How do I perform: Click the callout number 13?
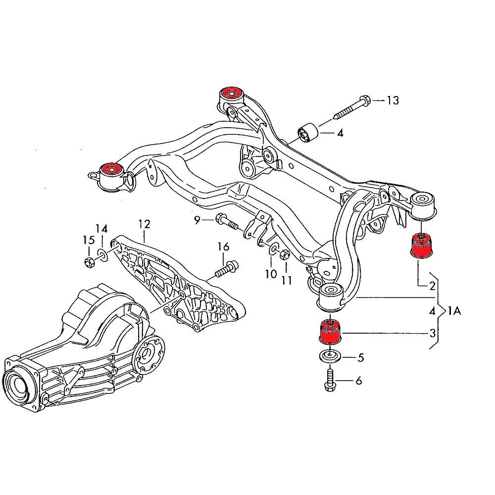pos(393,101)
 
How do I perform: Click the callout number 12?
pos(144,224)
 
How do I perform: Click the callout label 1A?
pos(454,311)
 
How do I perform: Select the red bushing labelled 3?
pos(330,332)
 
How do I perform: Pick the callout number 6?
pos(358,381)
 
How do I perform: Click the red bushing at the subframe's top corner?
pos(231,93)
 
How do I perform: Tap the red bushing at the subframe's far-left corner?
pos(112,170)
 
